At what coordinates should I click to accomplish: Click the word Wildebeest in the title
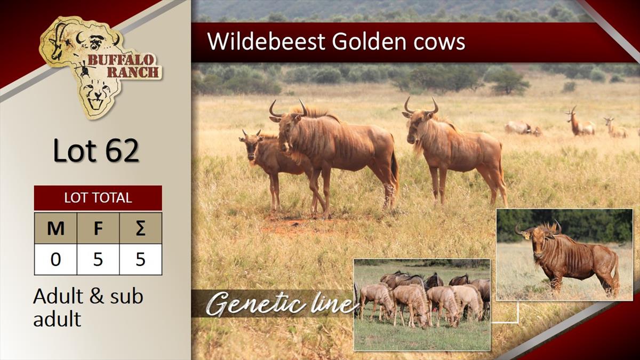[266, 42]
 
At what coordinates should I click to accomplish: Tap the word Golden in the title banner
[369, 42]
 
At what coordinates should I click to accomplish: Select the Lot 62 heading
[96, 150]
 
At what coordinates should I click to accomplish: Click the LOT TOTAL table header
[98, 198]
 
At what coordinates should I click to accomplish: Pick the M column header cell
[55, 228]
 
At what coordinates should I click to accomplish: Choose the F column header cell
[98, 228]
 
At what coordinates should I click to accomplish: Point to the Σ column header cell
[141, 228]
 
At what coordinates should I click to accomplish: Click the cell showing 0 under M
[55, 259]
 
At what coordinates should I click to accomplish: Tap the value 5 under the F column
[98, 259]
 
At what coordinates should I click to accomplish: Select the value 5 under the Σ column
[141, 259]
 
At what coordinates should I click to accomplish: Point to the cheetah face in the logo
[96, 94]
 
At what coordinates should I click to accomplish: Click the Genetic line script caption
[282, 303]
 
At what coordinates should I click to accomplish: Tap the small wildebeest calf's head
[251, 145]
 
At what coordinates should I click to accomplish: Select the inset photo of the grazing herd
[422, 305]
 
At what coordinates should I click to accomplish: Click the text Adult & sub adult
[88, 307]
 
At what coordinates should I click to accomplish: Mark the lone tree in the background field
[510, 82]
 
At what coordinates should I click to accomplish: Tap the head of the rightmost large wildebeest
[418, 122]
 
